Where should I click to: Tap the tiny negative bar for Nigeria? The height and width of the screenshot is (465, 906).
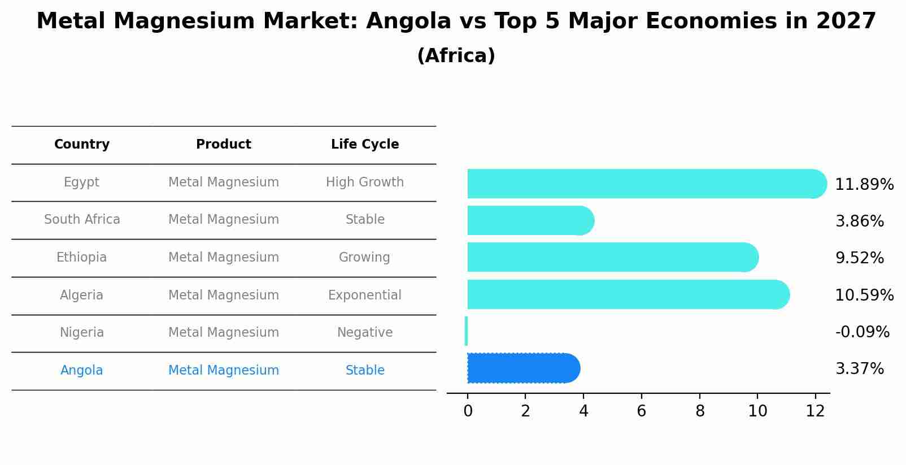click(466, 331)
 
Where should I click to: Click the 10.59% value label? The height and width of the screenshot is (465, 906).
click(864, 295)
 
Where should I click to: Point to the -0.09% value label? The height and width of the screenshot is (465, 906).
click(862, 332)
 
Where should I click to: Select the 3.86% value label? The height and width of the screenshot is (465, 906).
click(859, 221)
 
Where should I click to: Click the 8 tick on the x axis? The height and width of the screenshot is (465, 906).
click(700, 411)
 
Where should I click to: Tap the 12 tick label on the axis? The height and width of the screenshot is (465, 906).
click(815, 411)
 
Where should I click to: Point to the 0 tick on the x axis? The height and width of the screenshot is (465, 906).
click(468, 411)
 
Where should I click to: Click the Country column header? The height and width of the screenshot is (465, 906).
click(82, 145)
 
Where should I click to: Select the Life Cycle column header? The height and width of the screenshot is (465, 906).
click(365, 145)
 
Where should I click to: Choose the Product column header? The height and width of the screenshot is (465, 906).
click(224, 145)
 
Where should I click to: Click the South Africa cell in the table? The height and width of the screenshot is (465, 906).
click(82, 219)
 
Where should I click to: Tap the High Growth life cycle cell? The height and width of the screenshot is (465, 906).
click(365, 182)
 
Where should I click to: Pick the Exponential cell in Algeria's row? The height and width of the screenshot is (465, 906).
click(365, 295)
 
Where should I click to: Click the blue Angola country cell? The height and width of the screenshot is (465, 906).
click(82, 370)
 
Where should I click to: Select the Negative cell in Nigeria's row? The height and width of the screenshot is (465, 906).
click(365, 332)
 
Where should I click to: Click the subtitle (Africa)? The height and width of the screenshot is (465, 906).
click(456, 56)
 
